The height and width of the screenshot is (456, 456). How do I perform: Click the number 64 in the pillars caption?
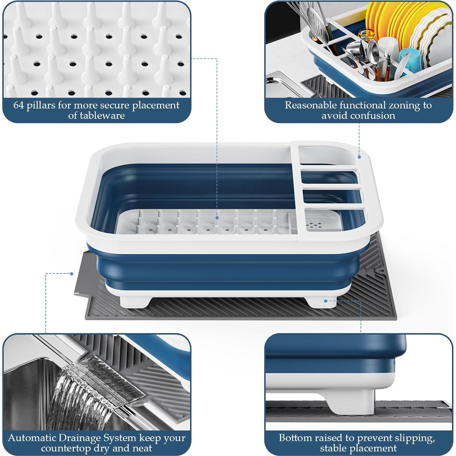(x=18, y=105)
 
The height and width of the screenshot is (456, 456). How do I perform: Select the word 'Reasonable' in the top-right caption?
(x=311, y=105)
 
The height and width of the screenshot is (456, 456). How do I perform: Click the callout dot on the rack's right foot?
(x=326, y=301)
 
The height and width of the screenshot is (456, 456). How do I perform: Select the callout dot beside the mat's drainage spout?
(x=72, y=274)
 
